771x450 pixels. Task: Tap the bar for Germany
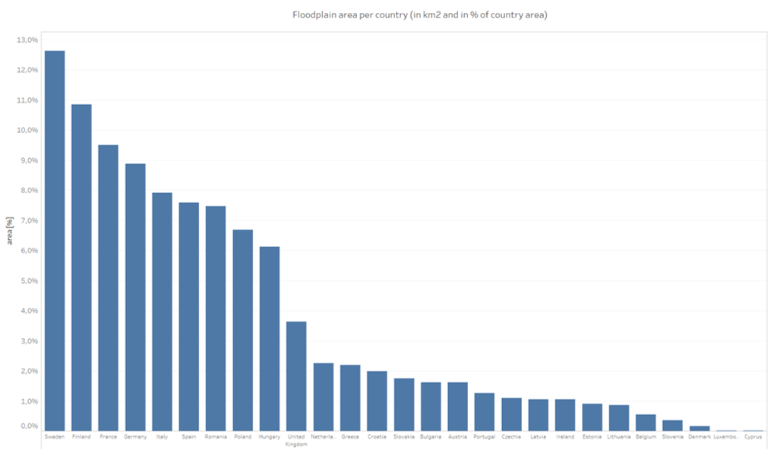click(135, 297)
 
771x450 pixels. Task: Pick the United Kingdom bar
click(296, 376)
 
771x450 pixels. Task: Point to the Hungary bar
click(270, 339)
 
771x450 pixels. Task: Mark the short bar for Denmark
click(700, 429)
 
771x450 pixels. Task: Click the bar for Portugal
click(485, 412)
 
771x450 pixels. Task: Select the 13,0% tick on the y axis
click(27, 40)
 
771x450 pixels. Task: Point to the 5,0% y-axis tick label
click(27, 280)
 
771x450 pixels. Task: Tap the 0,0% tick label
click(27, 426)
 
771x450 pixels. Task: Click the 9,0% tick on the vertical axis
click(27, 160)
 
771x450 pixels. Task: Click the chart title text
click(420, 14)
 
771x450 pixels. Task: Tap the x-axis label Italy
click(162, 437)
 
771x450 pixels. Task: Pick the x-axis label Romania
click(216, 437)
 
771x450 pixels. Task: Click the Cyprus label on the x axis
click(753, 437)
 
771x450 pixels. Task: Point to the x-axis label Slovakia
click(403, 437)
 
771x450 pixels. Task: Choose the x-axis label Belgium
click(646, 437)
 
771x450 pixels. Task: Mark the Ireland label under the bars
click(565, 437)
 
